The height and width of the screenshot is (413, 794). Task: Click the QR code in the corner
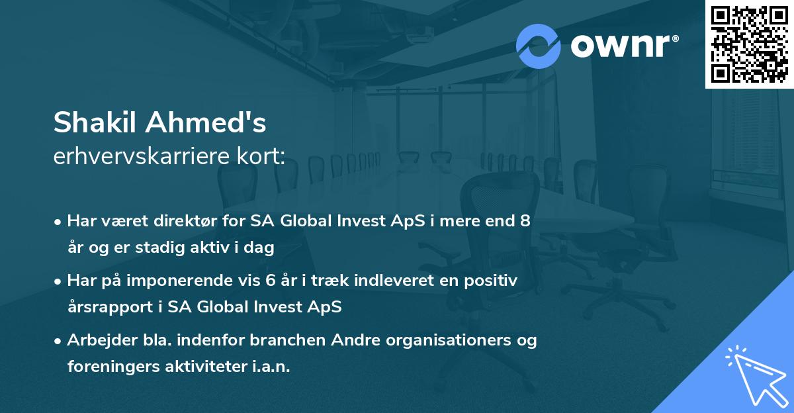[x=749, y=44]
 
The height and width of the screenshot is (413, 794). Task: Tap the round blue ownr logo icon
[x=539, y=46]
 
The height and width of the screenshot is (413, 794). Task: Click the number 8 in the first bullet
[x=525, y=221]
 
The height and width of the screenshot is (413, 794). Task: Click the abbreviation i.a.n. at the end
[x=271, y=367]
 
